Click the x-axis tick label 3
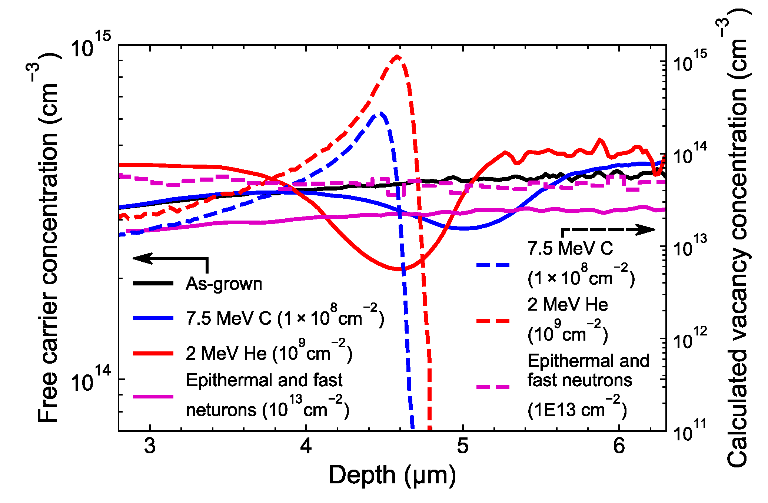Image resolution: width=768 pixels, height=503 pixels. point(150,446)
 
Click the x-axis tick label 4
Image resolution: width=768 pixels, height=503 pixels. point(306,446)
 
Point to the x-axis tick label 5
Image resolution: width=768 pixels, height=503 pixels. point(462,446)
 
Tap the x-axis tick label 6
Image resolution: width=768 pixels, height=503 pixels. point(619,446)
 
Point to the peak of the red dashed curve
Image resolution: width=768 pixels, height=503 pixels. point(397,56)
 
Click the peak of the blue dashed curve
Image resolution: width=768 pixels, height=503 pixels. point(380,113)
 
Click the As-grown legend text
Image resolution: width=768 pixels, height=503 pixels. point(224,284)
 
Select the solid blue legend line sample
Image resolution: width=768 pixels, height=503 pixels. point(153,318)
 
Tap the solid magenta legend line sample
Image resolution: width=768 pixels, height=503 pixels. point(153,397)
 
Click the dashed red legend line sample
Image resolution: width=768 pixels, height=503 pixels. point(493,321)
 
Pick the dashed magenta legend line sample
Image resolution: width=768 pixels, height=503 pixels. point(493,387)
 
